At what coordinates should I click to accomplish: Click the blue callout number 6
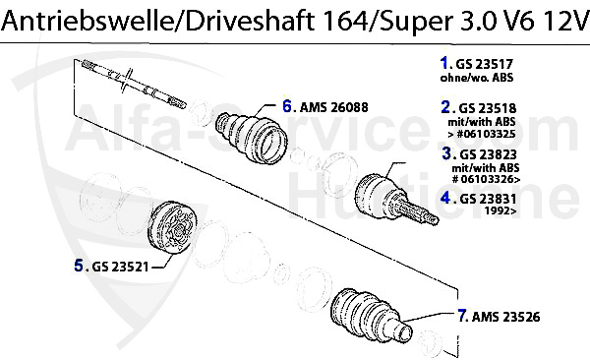coord(288,103)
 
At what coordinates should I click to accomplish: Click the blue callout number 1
coord(443,61)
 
